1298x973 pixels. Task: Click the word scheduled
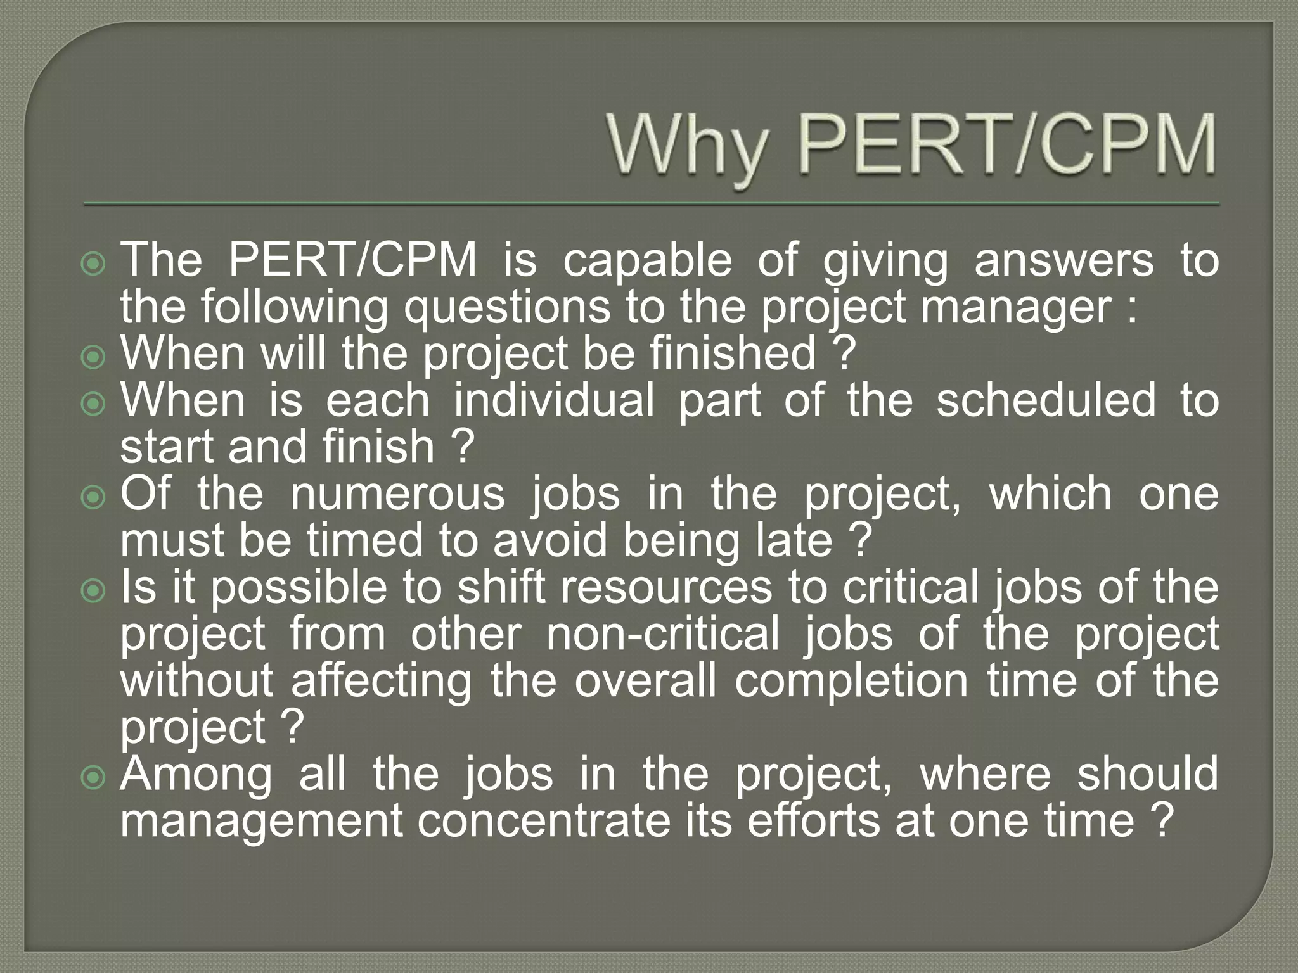(1046, 400)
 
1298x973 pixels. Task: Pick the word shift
(501, 587)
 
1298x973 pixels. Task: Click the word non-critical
(662, 633)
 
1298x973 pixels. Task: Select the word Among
(196, 775)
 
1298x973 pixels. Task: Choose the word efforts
(814, 821)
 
